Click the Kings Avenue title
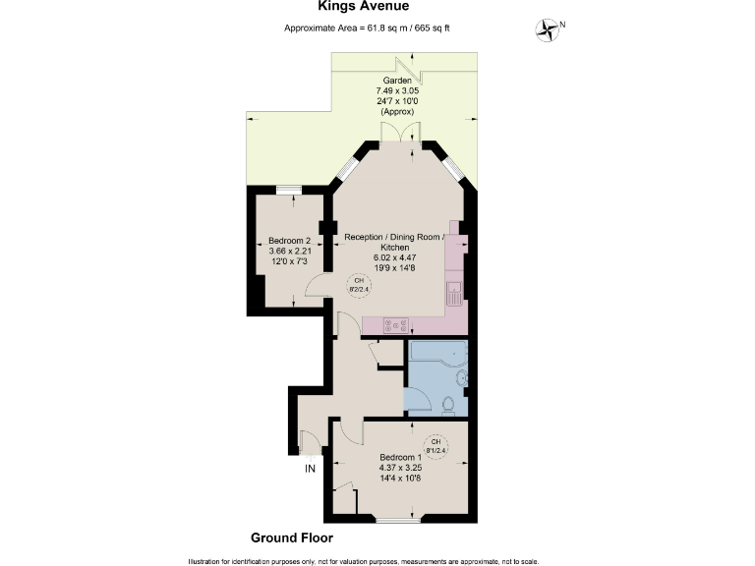377,7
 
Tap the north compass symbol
546,29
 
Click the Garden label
399,80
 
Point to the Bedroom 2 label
289,241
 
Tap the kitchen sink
454,292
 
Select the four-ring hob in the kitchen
396,324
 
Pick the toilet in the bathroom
449,403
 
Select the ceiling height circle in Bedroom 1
436,443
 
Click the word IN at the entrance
310,469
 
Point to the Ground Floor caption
292,538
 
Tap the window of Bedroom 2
288,190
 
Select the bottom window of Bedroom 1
395,520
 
